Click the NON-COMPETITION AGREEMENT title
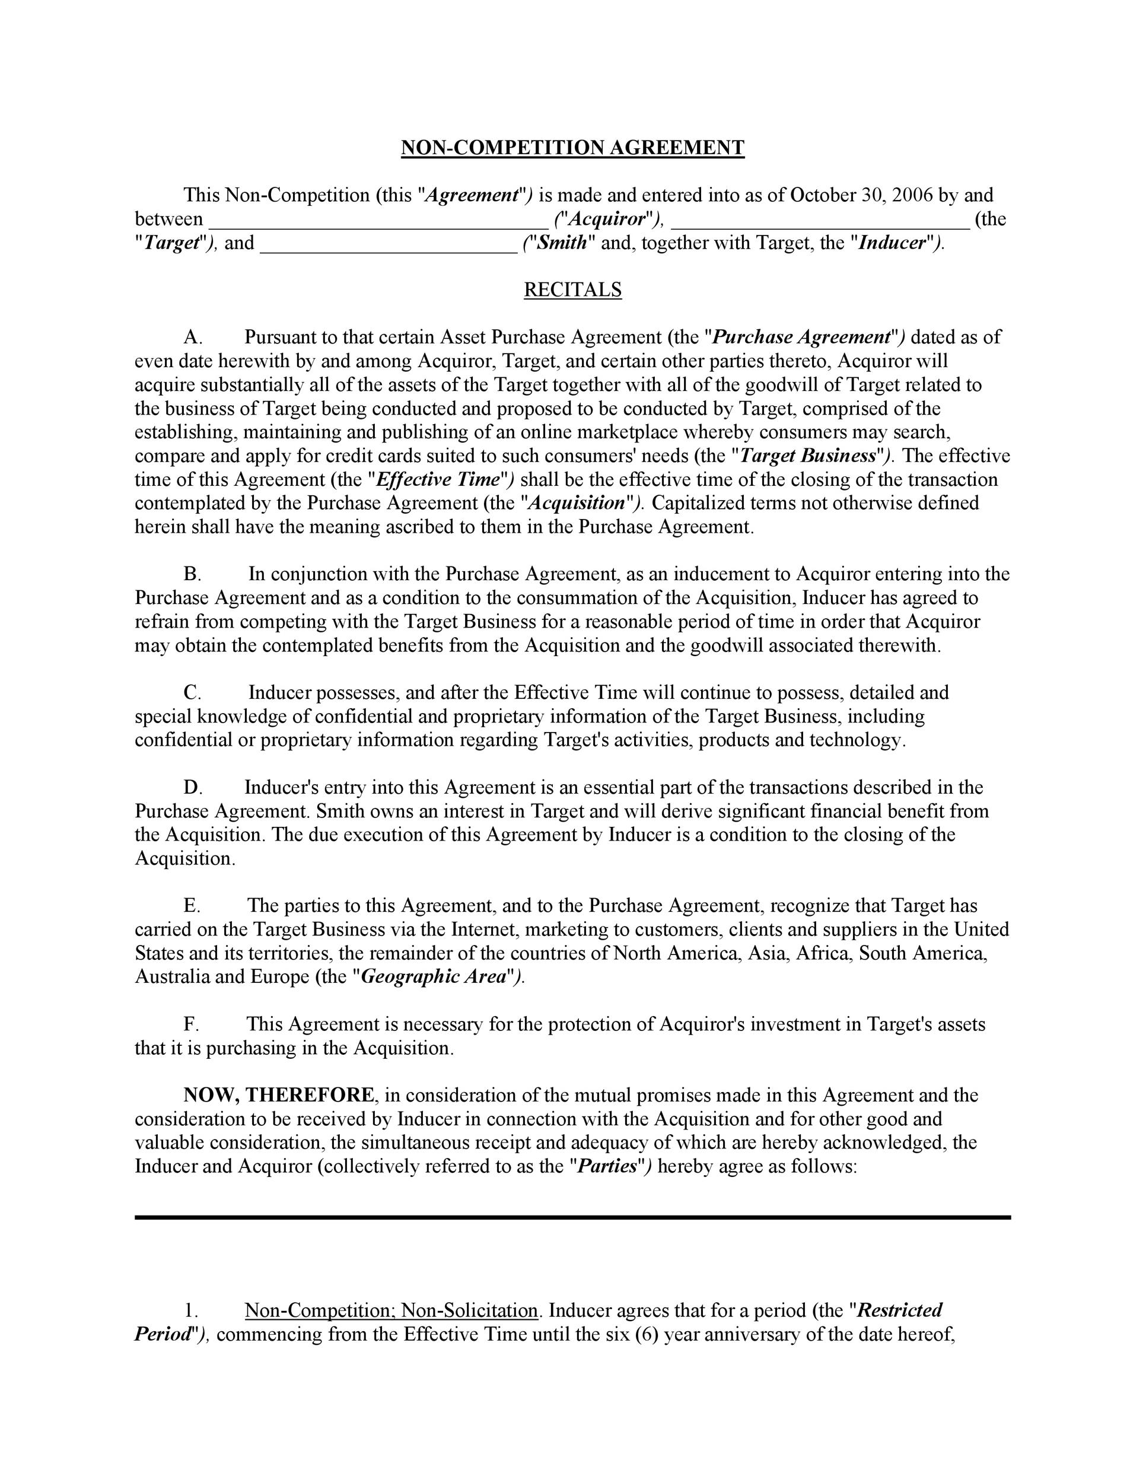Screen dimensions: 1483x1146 tap(572, 148)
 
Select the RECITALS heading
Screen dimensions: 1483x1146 tap(572, 290)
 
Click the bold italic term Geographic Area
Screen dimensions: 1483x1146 tap(434, 977)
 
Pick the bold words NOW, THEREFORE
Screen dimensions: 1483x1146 tap(278, 1095)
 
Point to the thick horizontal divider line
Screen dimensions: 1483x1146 tap(572, 1217)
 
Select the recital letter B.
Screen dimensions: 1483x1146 tap(192, 574)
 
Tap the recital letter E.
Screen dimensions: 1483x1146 tap(192, 906)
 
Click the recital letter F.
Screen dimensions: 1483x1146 tap(191, 1024)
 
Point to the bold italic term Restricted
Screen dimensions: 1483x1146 tap(900, 1310)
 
